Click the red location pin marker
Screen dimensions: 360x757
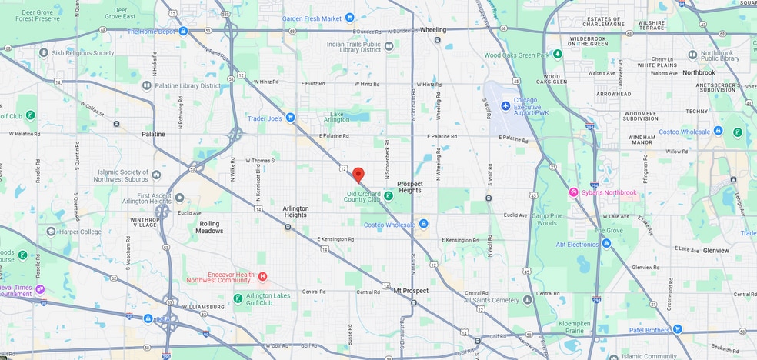pos(358,174)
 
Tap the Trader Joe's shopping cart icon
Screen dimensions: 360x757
pos(290,118)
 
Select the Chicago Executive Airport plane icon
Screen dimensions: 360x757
pos(505,105)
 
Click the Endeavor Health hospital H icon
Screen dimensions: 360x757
pos(262,276)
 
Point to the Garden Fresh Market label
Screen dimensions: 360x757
pos(312,18)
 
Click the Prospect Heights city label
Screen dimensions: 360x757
pos(410,186)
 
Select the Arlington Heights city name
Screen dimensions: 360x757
pos(295,212)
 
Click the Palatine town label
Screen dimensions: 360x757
pos(153,134)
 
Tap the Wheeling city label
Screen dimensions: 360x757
pos(433,29)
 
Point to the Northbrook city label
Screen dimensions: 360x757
pos(698,72)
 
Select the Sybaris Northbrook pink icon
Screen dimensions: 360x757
pos(573,192)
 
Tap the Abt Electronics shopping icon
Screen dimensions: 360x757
pos(606,244)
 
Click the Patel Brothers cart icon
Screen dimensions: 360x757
pos(677,329)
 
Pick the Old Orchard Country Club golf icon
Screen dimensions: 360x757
pos(389,196)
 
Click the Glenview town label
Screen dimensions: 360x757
pos(715,250)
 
